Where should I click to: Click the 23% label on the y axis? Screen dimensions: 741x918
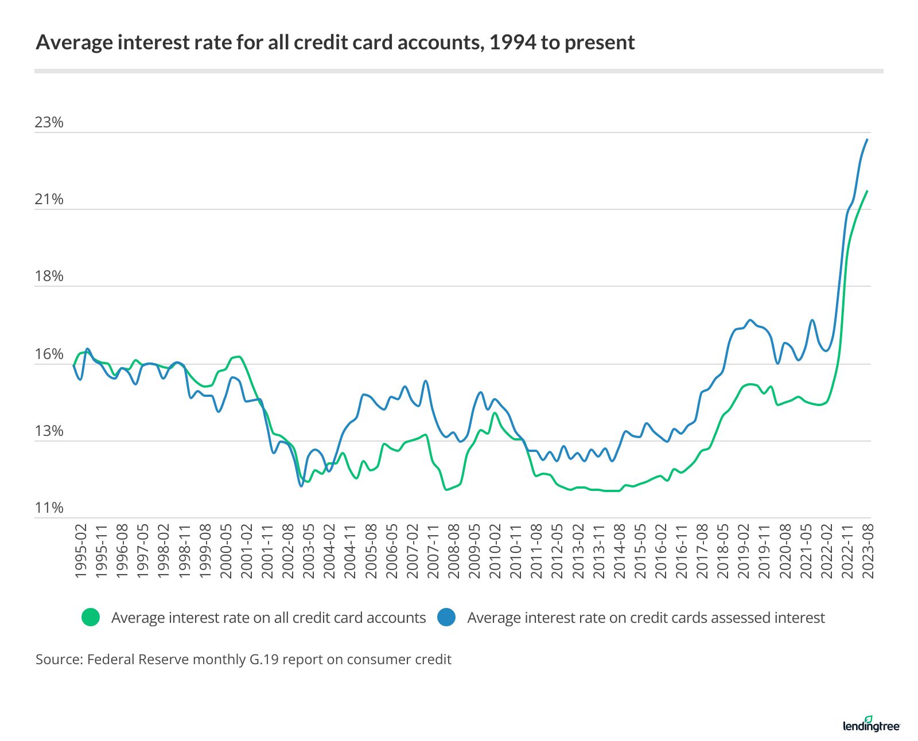pyautogui.click(x=49, y=122)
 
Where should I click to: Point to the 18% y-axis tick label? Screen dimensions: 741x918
pyautogui.click(x=49, y=276)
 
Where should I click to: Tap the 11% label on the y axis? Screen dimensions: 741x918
pyautogui.click(x=49, y=508)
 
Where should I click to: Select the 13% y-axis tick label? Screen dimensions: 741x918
pyautogui.click(x=49, y=431)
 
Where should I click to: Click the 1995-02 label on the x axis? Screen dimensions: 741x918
pyautogui.click(x=81, y=551)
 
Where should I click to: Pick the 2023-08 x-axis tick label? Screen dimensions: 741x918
pyautogui.click(x=868, y=551)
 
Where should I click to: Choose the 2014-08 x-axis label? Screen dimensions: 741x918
pyautogui.click(x=620, y=551)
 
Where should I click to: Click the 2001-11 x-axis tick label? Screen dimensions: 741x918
pyautogui.click(x=267, y=551)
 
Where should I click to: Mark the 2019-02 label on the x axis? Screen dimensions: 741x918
pyautogui.click(x=744, y=551)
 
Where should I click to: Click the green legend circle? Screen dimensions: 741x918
pyautogui.click(x=91, y=617)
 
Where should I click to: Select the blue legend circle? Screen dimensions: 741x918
pyautogui.click(x=446, y=617)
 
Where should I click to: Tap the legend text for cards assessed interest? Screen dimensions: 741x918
pyautogui.click(x=645, y=618)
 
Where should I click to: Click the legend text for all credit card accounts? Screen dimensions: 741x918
pyautogui.click(x=269, y=618)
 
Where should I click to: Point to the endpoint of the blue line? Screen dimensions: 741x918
pyautogui.click(x=868, y=139)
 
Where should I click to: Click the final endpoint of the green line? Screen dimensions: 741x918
pyautogui.click(x=868, y=191)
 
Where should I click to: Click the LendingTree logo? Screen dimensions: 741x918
pyautogui.click(x=871, y=724)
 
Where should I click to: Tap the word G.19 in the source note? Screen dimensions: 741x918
pyautogui.click(x=263, y=660)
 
